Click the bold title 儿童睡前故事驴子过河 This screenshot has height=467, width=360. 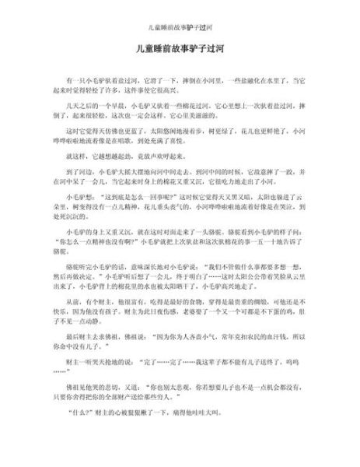pos(180,47)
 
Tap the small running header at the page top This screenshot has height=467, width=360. pos(180,15)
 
